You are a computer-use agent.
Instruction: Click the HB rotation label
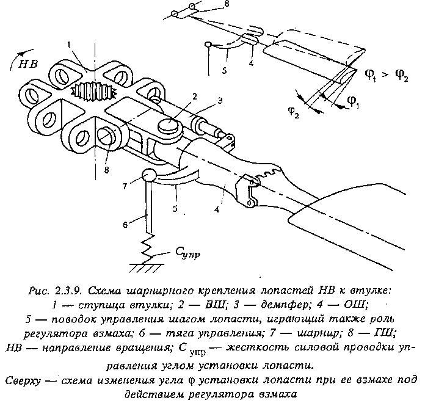[28, 64]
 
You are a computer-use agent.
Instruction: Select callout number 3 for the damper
[220, 101]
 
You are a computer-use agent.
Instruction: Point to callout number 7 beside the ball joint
[125, 186]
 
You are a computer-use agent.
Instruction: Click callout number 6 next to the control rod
[125, 225]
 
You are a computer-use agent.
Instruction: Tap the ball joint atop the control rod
[148, 175]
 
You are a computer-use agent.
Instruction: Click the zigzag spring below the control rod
[148, 249]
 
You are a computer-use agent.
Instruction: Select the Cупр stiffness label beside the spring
[187, 253]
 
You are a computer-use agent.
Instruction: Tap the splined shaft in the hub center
[93, 90]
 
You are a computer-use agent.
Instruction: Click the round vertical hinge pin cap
[169, 125]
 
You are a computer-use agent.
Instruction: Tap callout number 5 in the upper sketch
[224, 70]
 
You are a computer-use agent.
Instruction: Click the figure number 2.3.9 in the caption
[67, 291]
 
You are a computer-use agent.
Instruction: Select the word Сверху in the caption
[23, 380]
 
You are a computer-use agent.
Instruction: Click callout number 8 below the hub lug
[106, 170]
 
